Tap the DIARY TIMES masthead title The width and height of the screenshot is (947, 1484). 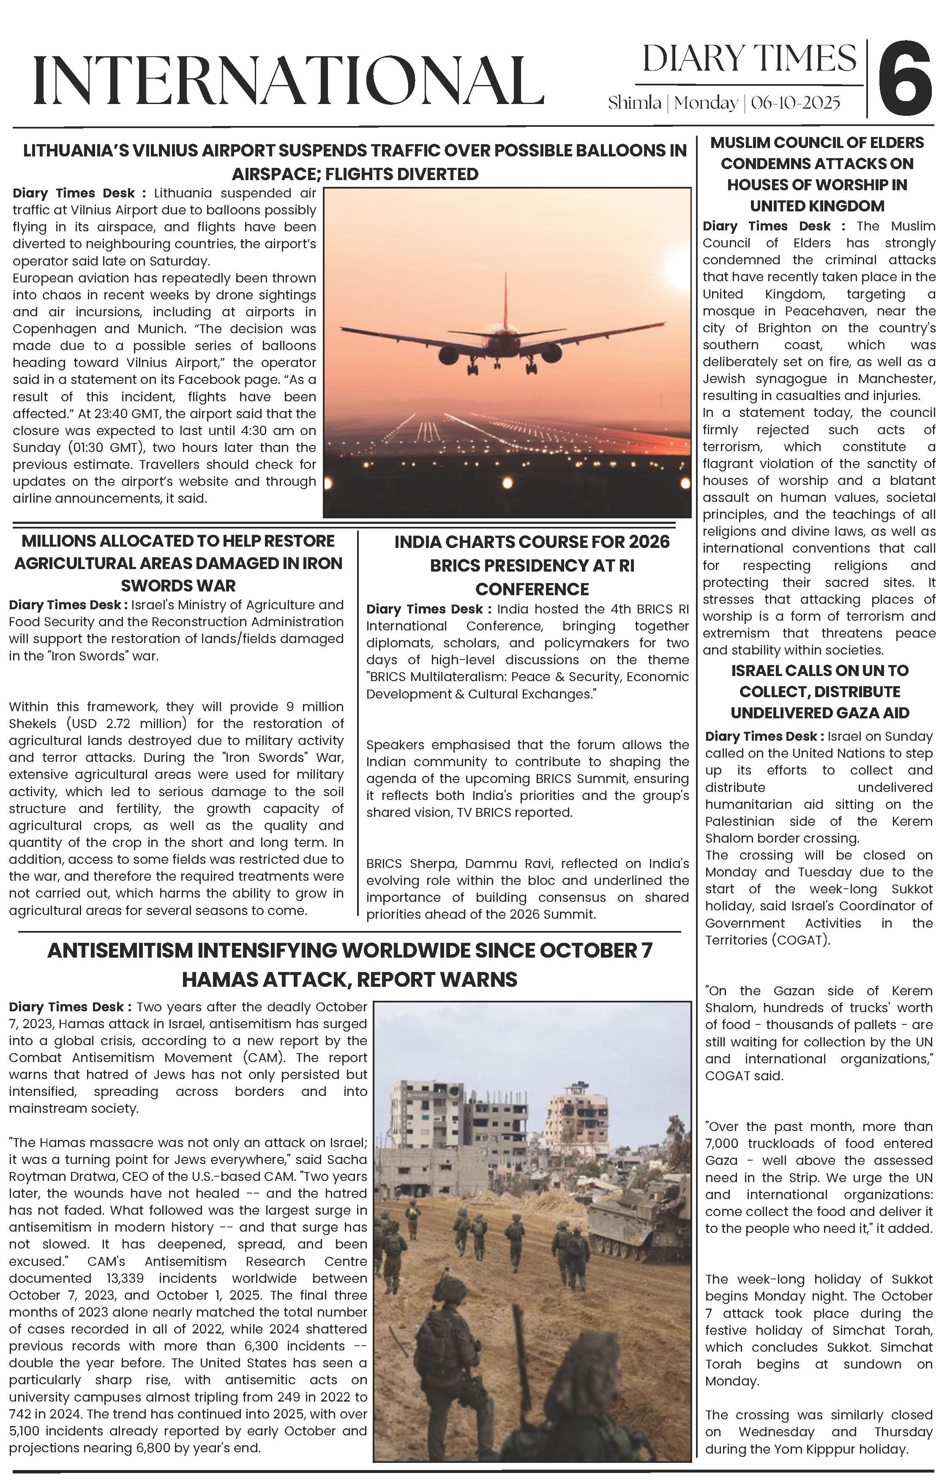point(749,59)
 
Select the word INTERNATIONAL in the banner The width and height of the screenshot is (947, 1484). point(288,80)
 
